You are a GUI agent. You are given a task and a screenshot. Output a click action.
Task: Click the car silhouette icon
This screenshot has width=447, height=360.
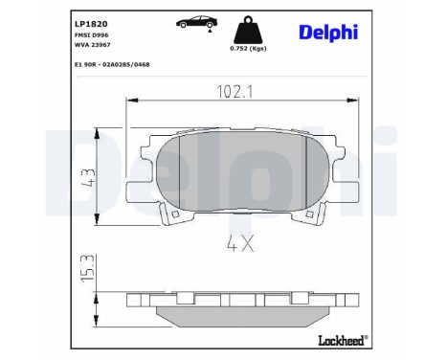(x=194, y=21)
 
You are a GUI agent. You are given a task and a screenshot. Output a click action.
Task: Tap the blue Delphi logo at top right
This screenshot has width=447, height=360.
(x=320, y=33)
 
